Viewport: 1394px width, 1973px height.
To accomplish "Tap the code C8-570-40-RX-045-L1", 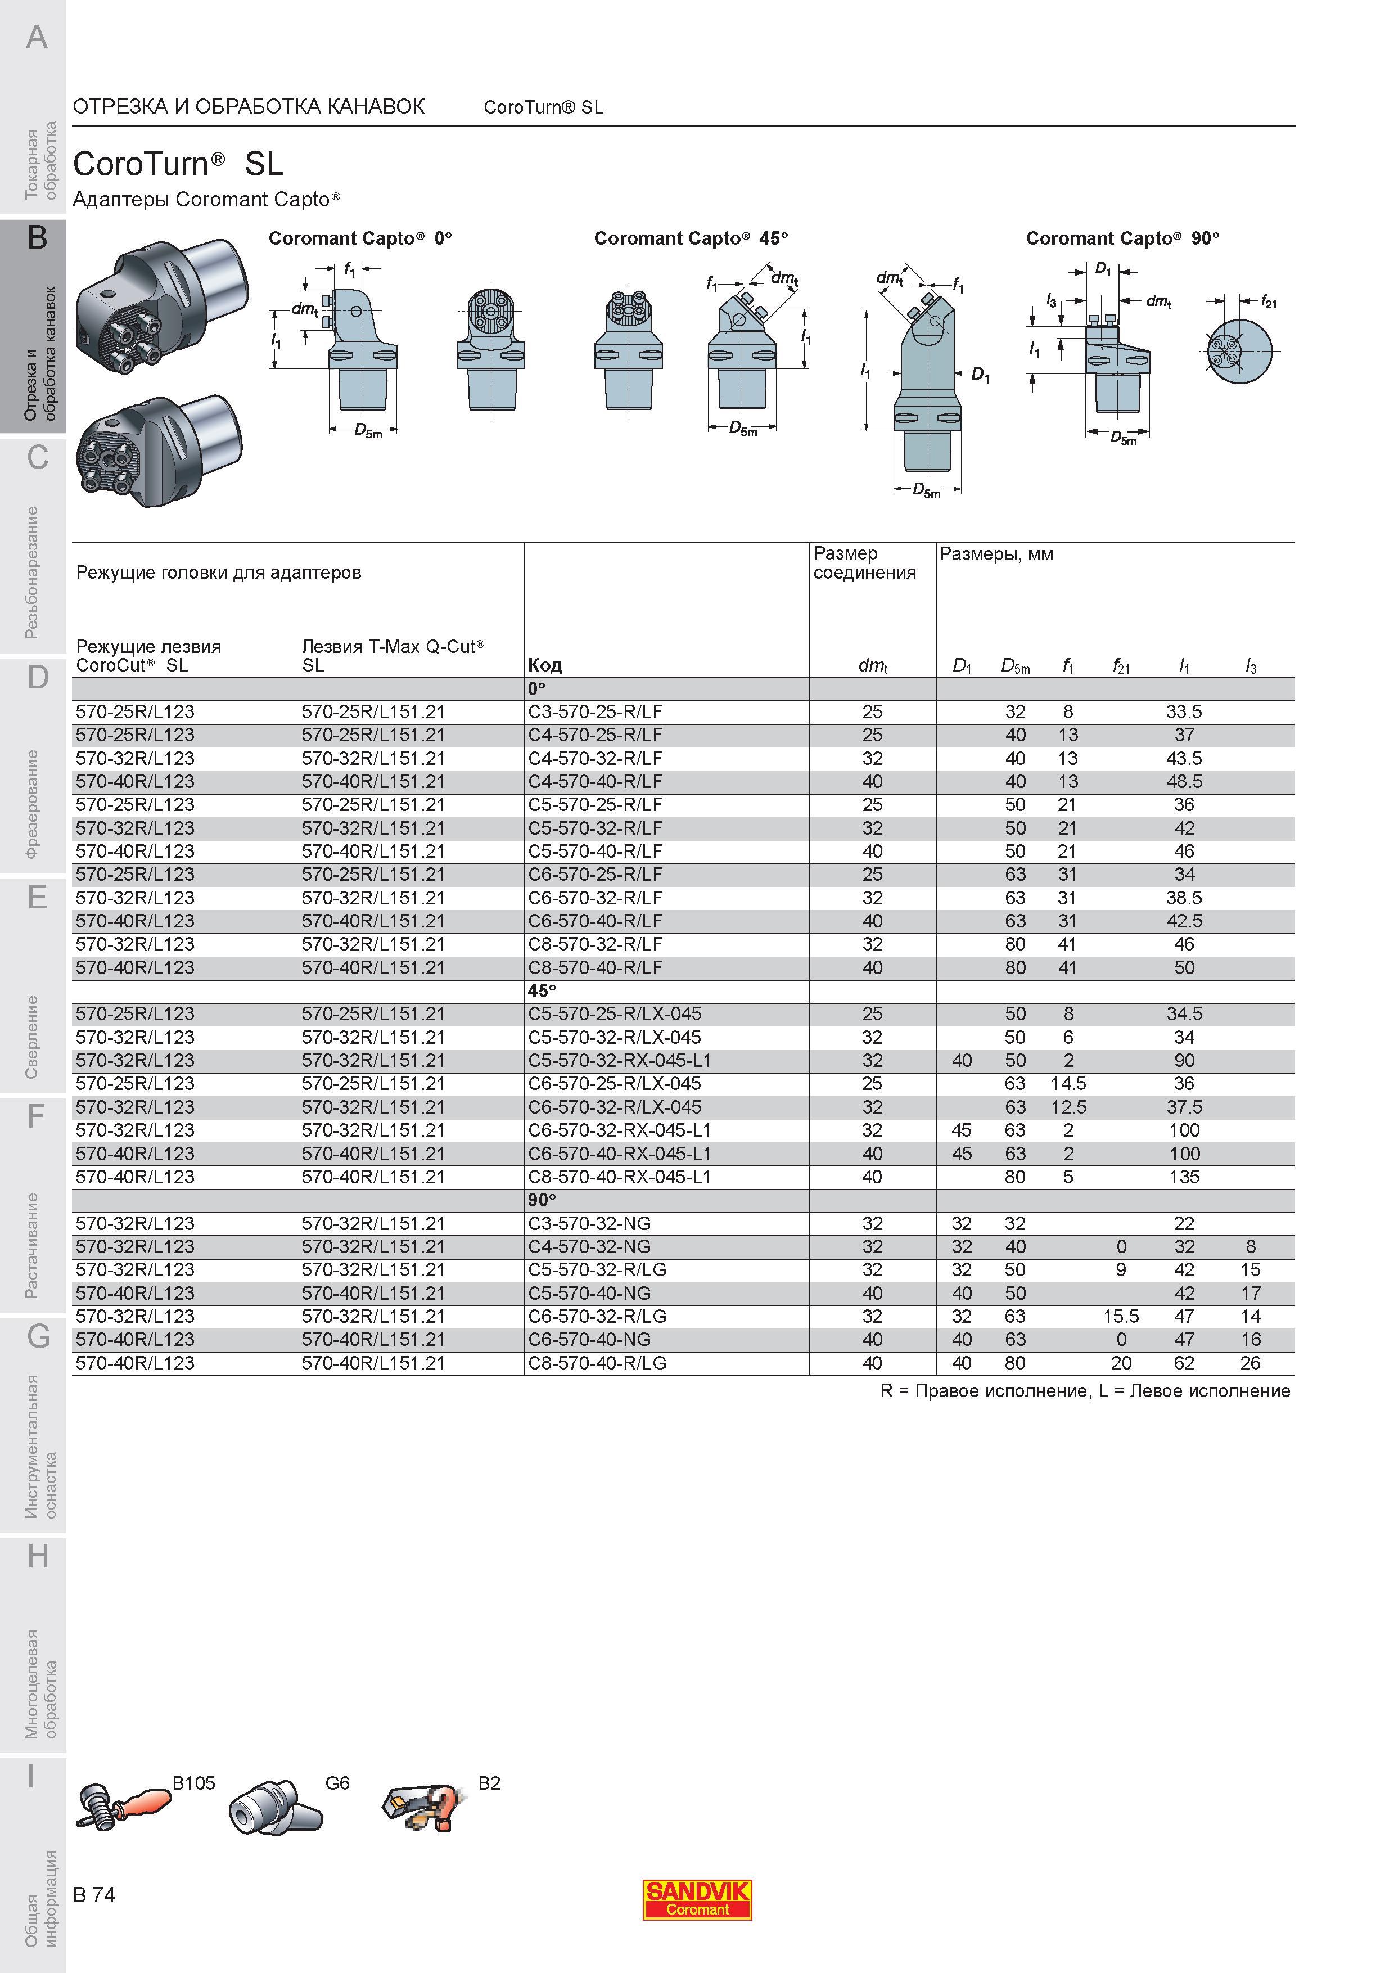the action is click(619, 1177).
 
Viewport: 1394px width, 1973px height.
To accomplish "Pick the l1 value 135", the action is click(1184, 1177).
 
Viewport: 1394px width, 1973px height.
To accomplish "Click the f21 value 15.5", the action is click(1121, 1317).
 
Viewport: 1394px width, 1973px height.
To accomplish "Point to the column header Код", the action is click(544, 665).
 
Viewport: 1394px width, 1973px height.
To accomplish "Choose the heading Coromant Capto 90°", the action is click(1122, 238).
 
